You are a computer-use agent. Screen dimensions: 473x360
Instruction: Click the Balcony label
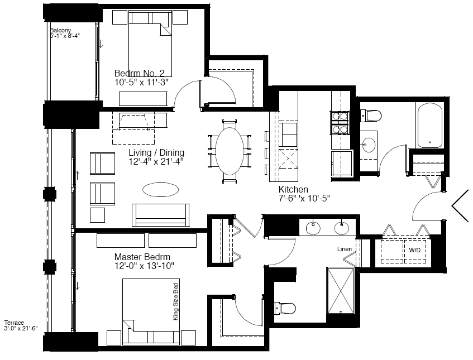pos(60,30)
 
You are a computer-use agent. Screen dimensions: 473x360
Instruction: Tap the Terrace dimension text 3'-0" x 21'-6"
pos(21,328)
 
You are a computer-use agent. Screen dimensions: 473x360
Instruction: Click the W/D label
pos(414,250)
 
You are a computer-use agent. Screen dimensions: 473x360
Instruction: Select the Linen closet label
pos(345,249)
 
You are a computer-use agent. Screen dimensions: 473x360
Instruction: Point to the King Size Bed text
pos(175,301)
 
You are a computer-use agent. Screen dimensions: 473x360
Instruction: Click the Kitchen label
pos(293,189)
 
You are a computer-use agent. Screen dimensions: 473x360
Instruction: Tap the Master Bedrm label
pos(142,257)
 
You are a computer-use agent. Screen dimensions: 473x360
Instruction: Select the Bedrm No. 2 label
pos(140,73)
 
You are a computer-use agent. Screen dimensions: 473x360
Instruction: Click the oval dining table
pos(230,151)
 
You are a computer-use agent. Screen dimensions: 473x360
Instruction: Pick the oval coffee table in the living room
pos(160,190)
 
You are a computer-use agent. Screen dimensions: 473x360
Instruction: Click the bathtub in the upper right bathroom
pos(430,126)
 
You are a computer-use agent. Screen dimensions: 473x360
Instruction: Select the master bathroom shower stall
pos(340,291)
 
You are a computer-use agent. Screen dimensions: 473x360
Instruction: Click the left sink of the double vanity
pos(313,228)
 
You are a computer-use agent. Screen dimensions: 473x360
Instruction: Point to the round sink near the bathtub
pos(367,145)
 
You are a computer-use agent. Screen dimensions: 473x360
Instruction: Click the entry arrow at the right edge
pos(460,206)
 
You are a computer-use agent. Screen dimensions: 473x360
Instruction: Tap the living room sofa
pos(160,215)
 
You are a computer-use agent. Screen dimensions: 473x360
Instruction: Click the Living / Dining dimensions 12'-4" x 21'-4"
pos(156,162)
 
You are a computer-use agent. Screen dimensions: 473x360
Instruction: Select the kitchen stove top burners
pos(340,122)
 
